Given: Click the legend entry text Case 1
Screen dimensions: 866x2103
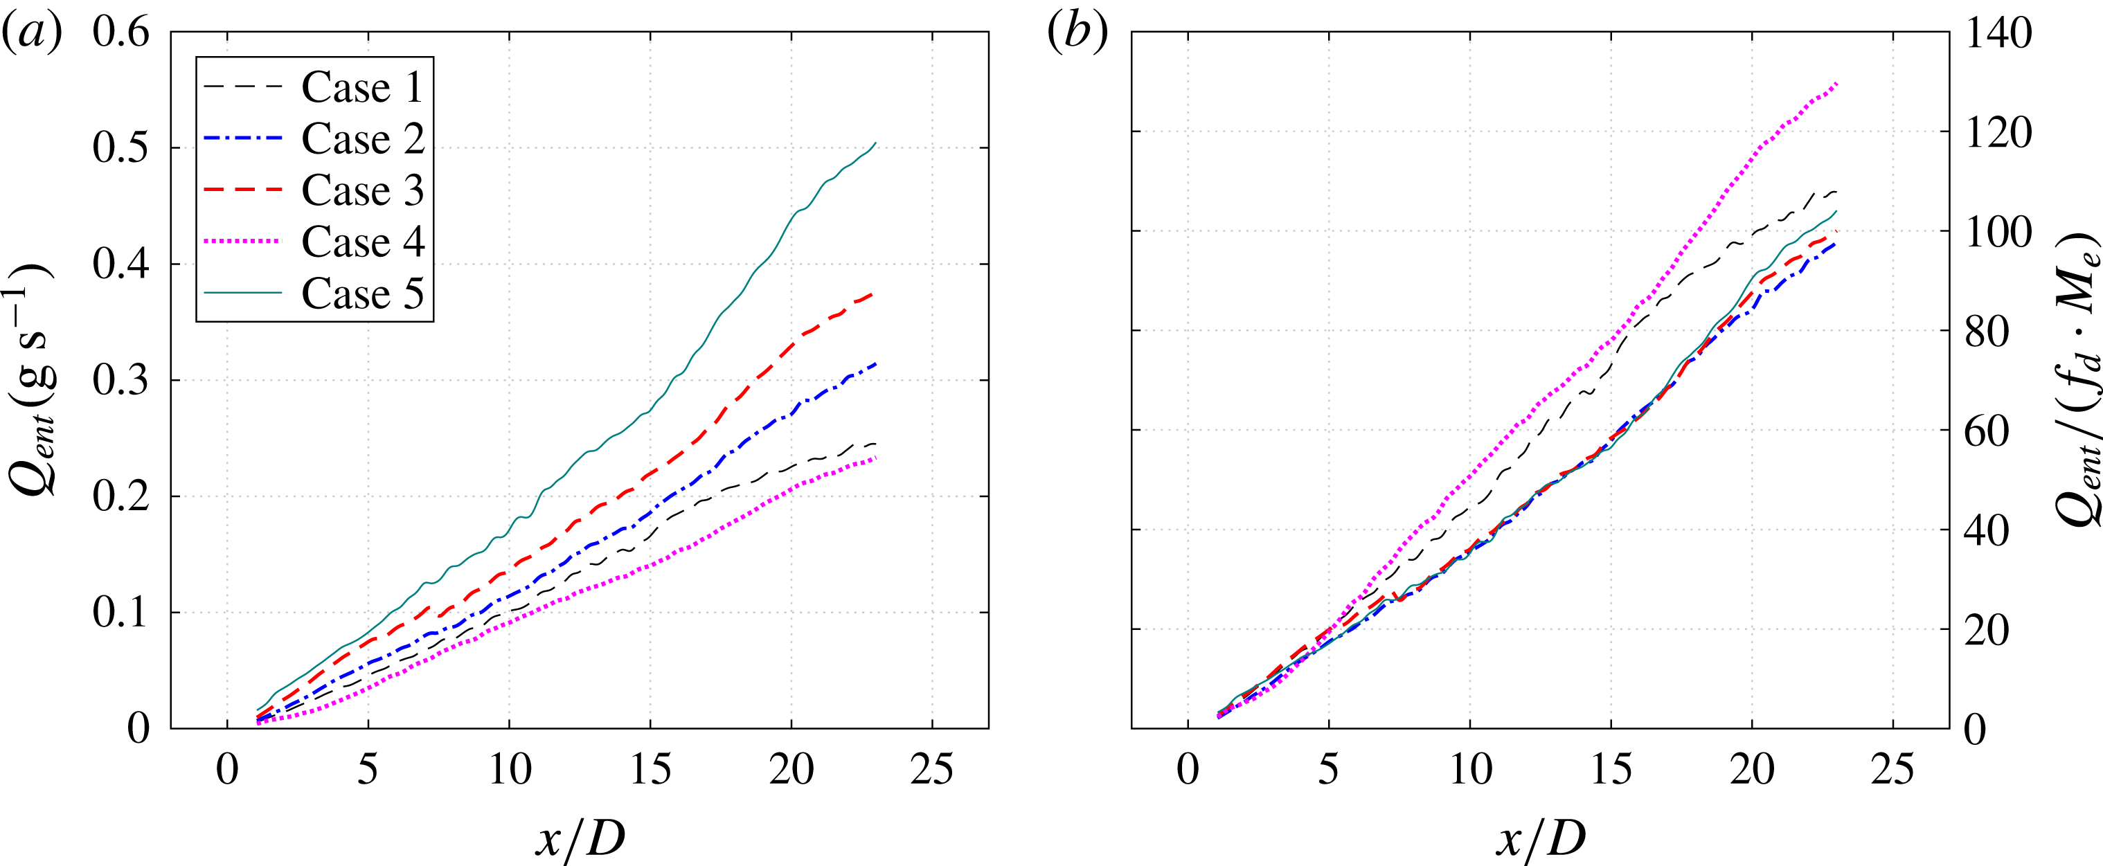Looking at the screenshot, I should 362,87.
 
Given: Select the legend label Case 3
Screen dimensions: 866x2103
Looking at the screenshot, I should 362,190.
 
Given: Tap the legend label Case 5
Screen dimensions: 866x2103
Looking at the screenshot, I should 362,293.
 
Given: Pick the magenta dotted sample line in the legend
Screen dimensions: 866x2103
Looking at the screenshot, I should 242,242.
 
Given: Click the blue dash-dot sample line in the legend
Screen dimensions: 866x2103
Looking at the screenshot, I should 242,138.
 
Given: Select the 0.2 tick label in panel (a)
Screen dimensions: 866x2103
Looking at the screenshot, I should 120,496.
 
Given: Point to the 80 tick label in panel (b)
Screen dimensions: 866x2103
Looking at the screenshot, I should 1986,332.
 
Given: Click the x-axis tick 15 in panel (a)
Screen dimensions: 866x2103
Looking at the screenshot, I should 650,770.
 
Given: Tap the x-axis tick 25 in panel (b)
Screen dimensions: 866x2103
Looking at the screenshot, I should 1892,770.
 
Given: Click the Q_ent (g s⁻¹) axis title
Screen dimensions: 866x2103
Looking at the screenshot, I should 30,379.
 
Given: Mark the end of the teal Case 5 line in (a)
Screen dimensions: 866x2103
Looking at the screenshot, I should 875,143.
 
